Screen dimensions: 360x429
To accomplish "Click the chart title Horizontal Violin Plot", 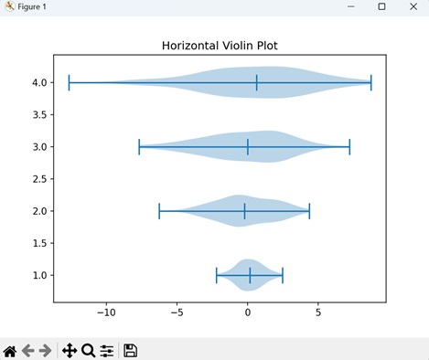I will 220,45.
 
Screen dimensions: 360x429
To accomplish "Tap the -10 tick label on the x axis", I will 106,311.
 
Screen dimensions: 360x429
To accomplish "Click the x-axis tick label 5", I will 318,311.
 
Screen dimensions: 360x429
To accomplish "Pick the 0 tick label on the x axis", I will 247,311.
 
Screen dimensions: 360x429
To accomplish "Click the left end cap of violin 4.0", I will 69,82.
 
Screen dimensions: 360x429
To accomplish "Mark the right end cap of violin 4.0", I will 371,82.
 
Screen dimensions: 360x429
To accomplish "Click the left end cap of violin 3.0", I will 139,147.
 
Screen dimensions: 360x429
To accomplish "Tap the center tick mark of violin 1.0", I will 250,275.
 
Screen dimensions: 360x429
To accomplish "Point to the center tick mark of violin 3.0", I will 247,147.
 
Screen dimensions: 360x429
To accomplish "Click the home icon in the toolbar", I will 10,350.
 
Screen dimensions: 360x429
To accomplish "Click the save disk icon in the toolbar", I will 131,350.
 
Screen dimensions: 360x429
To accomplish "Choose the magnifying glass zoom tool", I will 88,350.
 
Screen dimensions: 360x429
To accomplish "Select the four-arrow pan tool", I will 69,350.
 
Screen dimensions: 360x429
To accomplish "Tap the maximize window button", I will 381,6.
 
